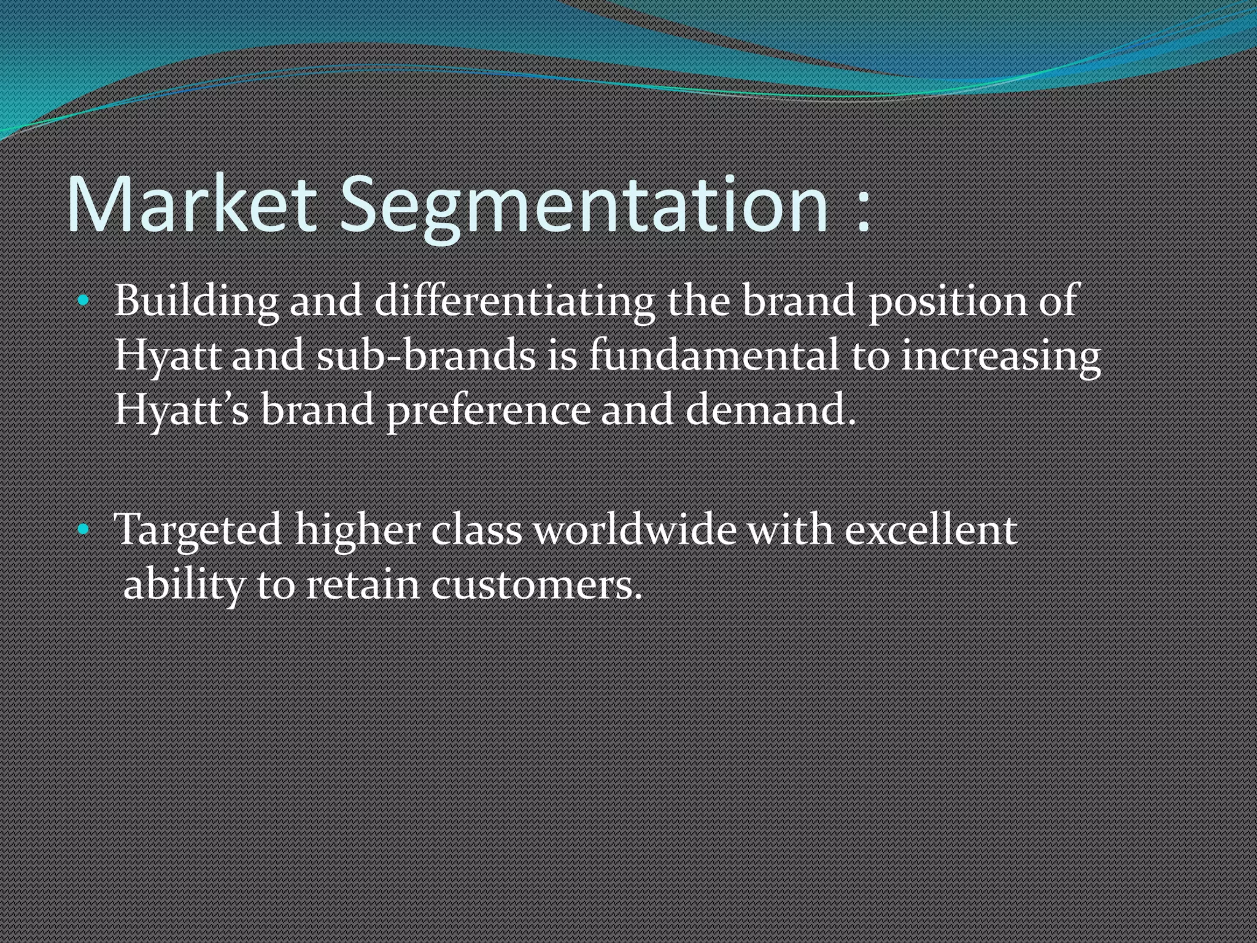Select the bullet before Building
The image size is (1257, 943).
pos(84,301)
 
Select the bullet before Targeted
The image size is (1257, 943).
pos(84,529)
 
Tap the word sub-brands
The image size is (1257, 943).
pos(426,355)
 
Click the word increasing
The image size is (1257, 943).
pos(1000,355)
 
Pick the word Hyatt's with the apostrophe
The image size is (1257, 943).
pos(182,409)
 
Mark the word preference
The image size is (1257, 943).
pos(489,409)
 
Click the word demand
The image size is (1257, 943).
pos(770,409)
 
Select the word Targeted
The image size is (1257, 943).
pos(198,529)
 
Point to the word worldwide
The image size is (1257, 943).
pos(635,529)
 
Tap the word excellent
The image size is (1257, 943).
pos(930,529)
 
